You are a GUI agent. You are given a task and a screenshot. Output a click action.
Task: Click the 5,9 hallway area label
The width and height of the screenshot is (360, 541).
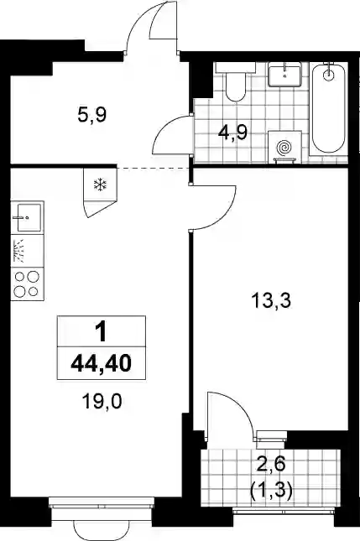[91, 115]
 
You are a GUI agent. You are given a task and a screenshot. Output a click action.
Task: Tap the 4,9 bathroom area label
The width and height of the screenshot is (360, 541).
[232, 133]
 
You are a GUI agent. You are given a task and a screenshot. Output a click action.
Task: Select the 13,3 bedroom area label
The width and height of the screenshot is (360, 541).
[272, 300]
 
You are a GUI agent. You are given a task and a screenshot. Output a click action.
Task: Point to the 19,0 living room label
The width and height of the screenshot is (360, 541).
[102, 402]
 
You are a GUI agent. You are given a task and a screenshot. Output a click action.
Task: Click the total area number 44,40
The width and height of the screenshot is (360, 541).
[102, 363]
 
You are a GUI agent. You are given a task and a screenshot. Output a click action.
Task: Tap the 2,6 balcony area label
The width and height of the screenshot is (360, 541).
[271, 465]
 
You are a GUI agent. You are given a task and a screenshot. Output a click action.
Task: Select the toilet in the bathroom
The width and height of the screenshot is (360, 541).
[236, 81]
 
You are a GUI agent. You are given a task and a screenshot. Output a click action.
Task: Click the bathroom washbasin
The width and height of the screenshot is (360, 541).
[284, 74]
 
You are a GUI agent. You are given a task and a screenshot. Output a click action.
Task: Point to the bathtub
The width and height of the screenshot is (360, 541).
[329, 108]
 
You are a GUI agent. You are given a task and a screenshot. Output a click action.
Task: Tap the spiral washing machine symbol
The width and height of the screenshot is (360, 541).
[284, 148]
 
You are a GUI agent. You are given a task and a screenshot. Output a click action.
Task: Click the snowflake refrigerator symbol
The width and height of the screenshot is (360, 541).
[101, 185]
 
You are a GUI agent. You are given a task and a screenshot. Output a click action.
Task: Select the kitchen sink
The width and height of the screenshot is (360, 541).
[27, 217]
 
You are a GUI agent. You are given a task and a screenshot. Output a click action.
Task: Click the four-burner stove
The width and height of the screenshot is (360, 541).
[27, 284]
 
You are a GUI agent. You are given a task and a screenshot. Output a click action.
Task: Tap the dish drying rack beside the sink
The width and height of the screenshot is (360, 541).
[27, 251]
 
